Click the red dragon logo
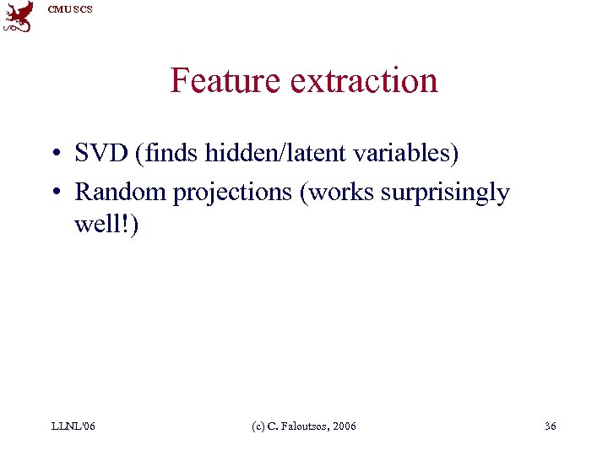click(x=19, y=16)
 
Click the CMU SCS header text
click(x=70, y=9)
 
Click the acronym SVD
click(x=101, y=155)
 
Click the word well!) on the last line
click(x=106, y=225)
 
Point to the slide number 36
click(x=550, y=426)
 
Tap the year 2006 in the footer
click(x=344, y=426)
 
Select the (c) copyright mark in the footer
click(x=260, y=426)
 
